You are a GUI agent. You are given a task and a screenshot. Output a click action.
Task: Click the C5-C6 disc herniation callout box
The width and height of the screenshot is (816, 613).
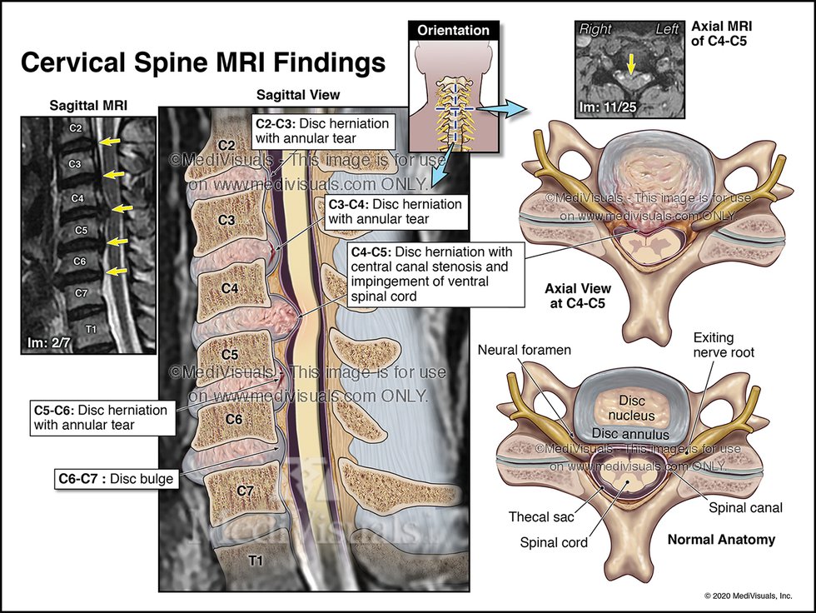click(x=100, y=417)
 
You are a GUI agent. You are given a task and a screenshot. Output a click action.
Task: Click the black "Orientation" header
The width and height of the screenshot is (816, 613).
click(x=453, y=31)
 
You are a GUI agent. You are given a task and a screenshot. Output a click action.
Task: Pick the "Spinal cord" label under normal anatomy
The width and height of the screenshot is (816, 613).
click(x=554, y=543)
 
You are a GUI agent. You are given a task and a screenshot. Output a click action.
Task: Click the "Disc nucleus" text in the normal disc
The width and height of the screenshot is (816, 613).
click(x=629, y=407)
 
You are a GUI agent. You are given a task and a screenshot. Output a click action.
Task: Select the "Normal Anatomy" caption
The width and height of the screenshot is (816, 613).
click(x=721, y=540)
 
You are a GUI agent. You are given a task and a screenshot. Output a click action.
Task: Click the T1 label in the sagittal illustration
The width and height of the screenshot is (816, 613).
click(x=256, y=561)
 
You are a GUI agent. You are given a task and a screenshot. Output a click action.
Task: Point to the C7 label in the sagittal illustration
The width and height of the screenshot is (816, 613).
click(x=244, y=491)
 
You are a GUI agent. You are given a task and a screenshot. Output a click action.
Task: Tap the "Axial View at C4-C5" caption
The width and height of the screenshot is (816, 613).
click(x=575, y=297)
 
